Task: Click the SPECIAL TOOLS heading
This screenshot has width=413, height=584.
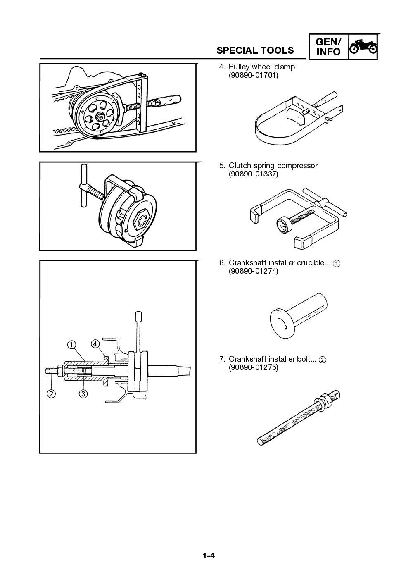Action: [x=255, y=50]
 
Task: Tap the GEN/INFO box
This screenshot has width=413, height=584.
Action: [x=328, y=47]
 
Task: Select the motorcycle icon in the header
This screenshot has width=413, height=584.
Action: [x=363, y=47]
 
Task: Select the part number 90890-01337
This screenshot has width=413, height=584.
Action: [x=254, y=174]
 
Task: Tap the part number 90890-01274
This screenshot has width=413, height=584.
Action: [x=254, y=271]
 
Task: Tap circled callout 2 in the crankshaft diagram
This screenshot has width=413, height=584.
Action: [x=51, y=393]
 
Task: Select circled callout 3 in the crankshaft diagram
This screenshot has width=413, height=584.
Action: [x=83, y=393]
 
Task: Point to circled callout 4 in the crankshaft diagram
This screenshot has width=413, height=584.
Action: [x=95, y=344]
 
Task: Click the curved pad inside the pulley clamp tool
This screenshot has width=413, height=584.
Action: [x=297, y=115]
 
